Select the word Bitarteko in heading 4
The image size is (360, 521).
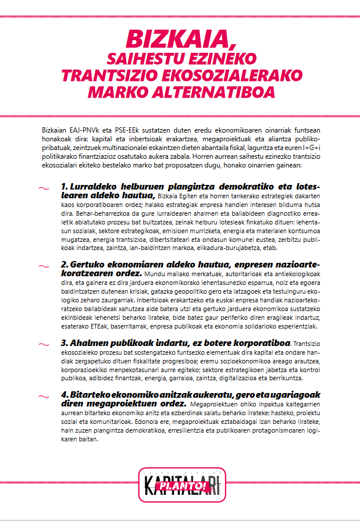[x=91, y=395]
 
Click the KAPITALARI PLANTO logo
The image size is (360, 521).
[x=180, y=484]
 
